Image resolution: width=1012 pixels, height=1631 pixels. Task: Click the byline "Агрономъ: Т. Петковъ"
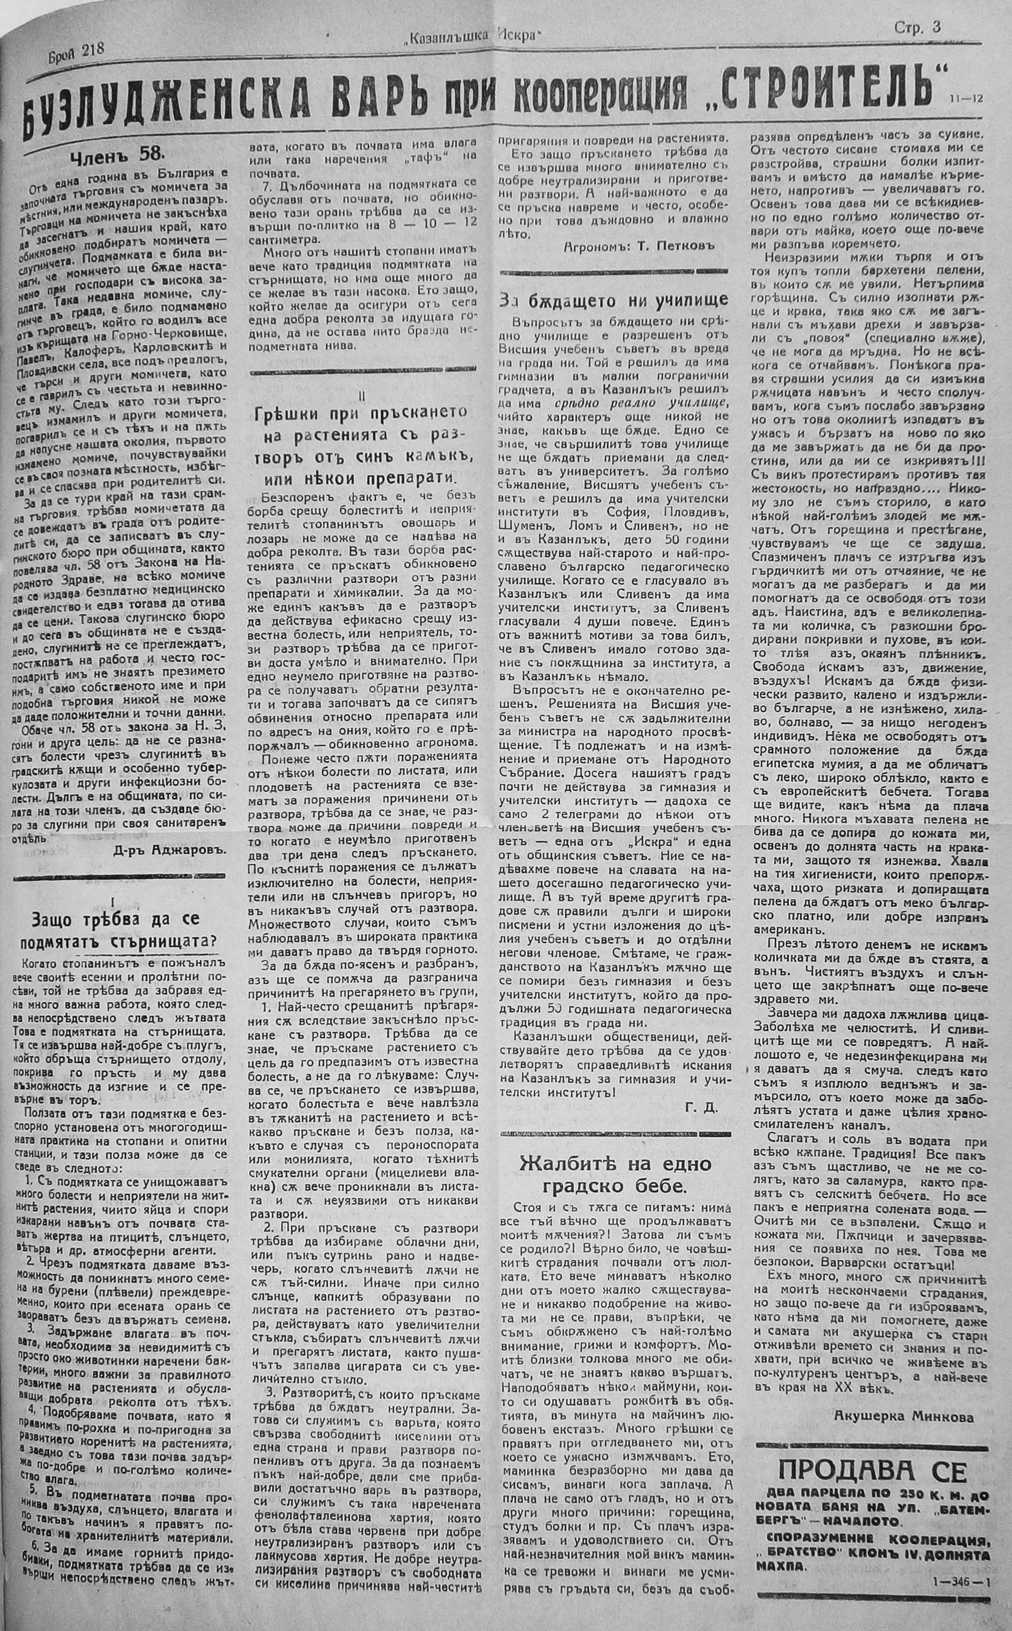639,245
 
